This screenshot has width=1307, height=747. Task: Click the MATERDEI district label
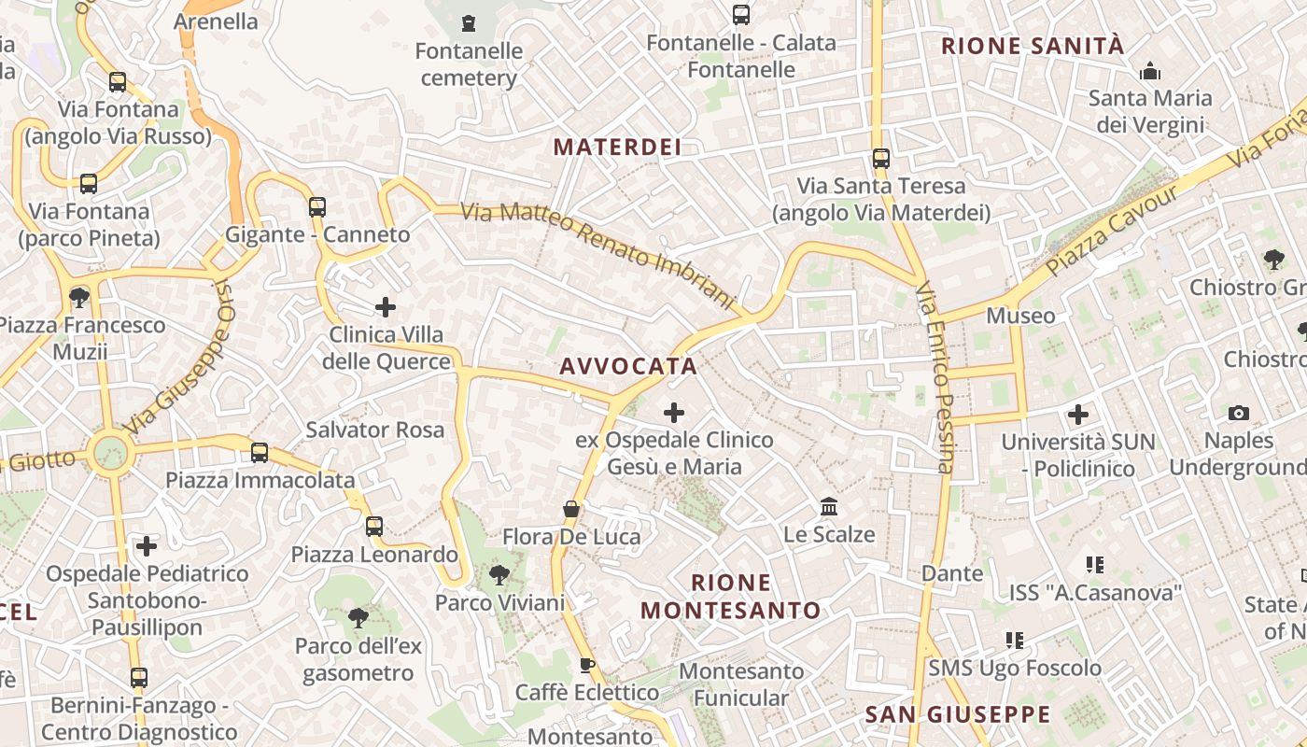(x=617, y=148)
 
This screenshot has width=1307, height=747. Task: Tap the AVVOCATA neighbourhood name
(x=628, y=366)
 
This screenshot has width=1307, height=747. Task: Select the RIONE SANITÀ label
(x=1033, y=46)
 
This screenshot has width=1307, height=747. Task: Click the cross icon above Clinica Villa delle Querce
(x=385, y=306)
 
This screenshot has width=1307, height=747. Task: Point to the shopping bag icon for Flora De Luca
(x=571, y=509)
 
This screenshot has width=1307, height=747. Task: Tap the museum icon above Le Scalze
(x=828, y=507)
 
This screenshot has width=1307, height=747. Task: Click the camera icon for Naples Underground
(x=1239, y=413)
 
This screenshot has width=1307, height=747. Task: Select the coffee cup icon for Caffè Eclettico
(x=586, y=665)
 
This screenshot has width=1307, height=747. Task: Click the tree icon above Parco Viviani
(x=499, y=574)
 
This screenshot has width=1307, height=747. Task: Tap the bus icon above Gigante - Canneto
(x=317, y=206)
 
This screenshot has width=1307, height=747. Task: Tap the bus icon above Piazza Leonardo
(x=374, y=527)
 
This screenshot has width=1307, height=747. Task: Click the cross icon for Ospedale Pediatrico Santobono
(x=147, y=545)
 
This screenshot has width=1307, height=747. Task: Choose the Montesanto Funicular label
(x=741, y=684)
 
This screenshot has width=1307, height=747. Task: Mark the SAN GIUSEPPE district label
(x=958, y=715)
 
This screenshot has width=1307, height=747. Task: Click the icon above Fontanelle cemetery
(x=469, y=22)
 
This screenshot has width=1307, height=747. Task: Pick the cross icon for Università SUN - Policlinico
(x=1078, y=414)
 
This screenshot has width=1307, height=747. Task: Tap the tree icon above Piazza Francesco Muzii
(x=79, y=298)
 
